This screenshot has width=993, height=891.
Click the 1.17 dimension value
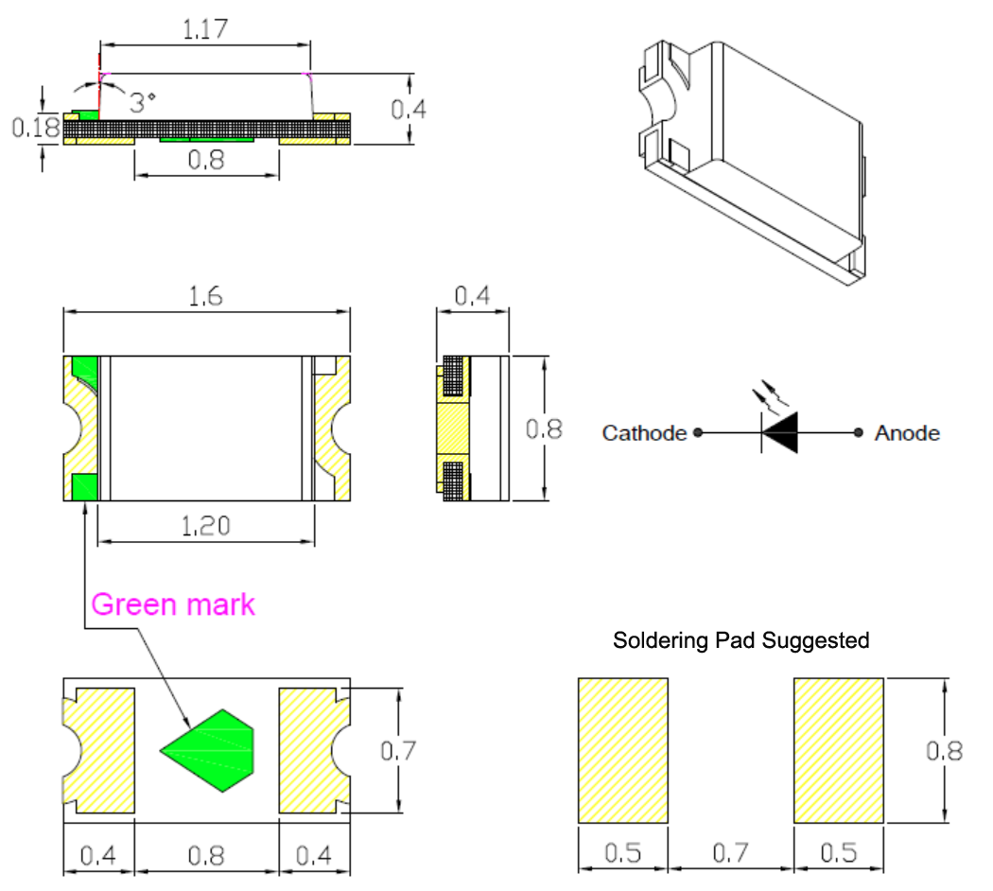[x=204, y=30]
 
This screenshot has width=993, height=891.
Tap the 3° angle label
[x=143, y=102]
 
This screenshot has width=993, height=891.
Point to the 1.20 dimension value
[x=205, y=525]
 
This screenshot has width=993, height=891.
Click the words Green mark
[x=173, y=603]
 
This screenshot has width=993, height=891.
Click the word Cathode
[x=644, y=433]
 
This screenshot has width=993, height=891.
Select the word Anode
[x=907, y=433]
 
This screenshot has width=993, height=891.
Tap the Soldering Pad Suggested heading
[x=740, y=640]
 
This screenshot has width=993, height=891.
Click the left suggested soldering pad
[x=622, y=749]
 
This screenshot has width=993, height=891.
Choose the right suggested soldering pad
[x=839, y=749]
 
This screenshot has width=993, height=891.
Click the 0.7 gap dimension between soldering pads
[x=730, y=854]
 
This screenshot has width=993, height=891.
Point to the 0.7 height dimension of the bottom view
[x=398, y=751]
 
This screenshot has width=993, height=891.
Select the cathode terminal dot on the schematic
[x=697, y=433]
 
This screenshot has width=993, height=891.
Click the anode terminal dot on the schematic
[x=858, y=433]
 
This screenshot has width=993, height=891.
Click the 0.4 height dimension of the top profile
[x=409, y=109]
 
